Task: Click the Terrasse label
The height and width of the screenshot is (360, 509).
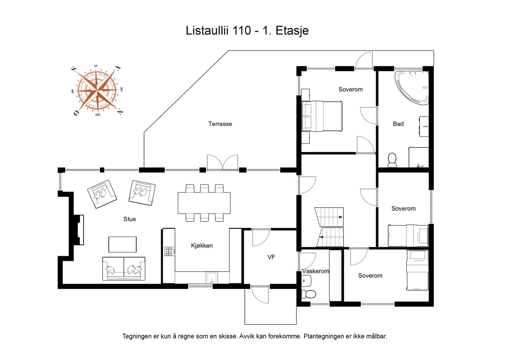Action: coord(220,124)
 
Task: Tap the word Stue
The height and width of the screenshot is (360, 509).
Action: coord(129,219)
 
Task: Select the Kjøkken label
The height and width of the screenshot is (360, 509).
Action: coord(202,246)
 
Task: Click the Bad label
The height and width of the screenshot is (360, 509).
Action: coord(398,124)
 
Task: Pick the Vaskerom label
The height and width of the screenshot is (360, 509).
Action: coord(315,271)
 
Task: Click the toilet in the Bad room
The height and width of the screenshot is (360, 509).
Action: coord(392,160)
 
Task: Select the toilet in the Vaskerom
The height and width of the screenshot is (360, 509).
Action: coord(309,294)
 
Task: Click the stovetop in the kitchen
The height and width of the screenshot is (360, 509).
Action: coord(170,252)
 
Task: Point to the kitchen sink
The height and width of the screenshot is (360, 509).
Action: coord(212,278)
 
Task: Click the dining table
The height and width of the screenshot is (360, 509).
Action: coord(204,203)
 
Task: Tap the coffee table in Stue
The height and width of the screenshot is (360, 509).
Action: coord(122,244)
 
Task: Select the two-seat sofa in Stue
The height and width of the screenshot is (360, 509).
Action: coord(124,269)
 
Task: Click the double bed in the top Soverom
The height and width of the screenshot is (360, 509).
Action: coord(322,116)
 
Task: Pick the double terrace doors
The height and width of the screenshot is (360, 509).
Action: coord(222,163)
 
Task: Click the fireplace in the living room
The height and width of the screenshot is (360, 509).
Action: coord(78,230)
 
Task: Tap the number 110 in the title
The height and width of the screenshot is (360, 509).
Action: coord(241,31)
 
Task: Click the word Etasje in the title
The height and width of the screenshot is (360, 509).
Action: coord(292,31)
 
